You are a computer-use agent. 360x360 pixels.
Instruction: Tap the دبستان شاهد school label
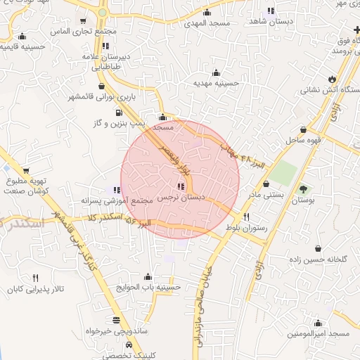tap(271, 22)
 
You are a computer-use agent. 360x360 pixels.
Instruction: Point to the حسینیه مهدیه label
tap(217, 82)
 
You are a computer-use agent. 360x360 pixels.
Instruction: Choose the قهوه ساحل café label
tap(303, 140)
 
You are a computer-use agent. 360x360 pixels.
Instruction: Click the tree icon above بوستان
tap(304, 188)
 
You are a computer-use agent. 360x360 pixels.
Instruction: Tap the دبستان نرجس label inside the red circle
tap(182, 198)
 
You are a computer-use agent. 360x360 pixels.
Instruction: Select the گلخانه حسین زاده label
tap(317, 259)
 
